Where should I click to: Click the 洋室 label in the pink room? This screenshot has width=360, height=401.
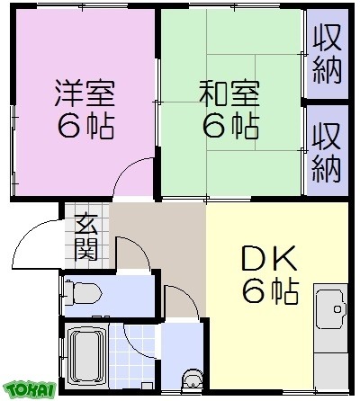coord(85,94)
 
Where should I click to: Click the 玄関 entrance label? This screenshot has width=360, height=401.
coord(86,236)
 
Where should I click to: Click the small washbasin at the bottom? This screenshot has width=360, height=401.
coord(191,382)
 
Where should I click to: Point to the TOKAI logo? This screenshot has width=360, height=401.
coord(30,388)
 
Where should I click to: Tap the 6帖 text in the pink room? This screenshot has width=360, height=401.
coord(85,127)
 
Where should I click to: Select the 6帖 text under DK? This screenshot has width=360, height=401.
coord(269,290)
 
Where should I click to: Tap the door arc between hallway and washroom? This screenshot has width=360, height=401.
coord(180,301)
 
